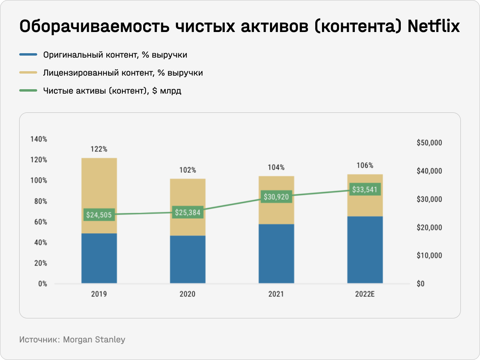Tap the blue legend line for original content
(x=28, y=55)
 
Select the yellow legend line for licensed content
(x=28, y=73)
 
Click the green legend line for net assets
(x=28, y=91)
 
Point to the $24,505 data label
(x=99, y=215)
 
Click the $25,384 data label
(x=188, y=212)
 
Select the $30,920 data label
(x=276, y=197)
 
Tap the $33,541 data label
(x=365, y=189)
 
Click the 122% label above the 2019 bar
(x=99, y=149)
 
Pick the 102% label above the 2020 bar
(x=188, y=170)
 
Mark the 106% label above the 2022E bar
(x=365, y=166)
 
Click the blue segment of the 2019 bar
(x=99, y=258)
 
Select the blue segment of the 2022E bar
(x=365, y=250)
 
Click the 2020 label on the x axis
(x=188, y=294)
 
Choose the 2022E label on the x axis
(x=365, y=294)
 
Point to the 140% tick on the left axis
(x=39, y=139)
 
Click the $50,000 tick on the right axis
(x=429, y=143)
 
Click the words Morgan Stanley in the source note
(x=94, y=340)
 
